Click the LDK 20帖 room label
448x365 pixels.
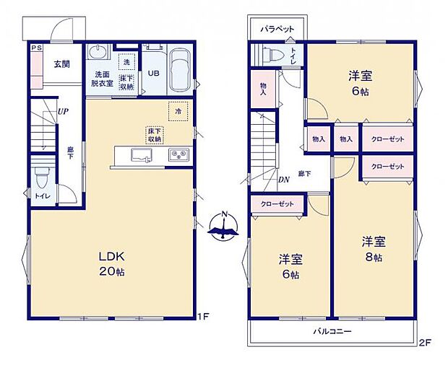112,263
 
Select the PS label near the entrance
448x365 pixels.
35,48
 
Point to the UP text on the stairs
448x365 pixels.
63,112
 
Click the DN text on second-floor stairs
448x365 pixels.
283,180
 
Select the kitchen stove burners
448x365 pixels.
178,155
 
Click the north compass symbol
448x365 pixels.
223,226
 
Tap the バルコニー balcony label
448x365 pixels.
332,332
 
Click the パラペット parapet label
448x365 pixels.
277,28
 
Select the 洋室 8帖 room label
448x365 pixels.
374,249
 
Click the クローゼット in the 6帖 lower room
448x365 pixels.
277,204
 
